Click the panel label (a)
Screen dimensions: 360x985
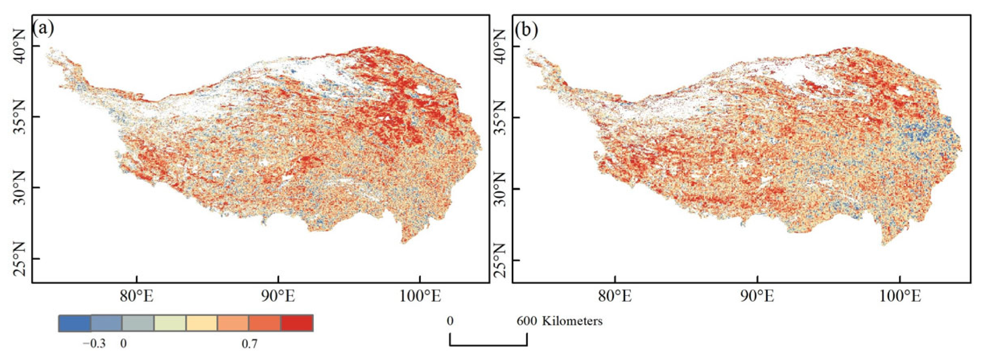44,29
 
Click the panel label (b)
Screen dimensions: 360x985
526,30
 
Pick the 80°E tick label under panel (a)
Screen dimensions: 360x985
137,297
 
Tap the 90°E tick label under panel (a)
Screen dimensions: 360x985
278,297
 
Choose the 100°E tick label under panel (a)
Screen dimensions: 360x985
420,297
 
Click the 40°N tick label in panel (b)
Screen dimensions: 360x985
499,46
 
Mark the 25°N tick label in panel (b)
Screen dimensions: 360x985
499,260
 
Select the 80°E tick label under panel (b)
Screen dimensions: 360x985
615,297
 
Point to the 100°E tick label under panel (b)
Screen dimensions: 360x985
900,297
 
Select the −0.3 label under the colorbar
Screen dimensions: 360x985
94,344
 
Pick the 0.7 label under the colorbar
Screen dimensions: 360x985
249,344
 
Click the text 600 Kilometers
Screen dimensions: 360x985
559,321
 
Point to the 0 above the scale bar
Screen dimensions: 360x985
450,321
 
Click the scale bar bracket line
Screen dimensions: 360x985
488,345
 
